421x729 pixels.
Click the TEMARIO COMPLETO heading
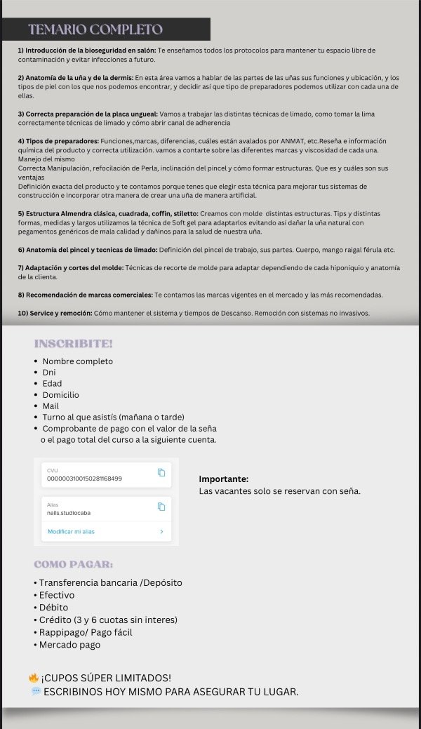click(x=95, y=29)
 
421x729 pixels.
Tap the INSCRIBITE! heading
click(x=74, y=344)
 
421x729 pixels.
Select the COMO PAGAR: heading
click(x=74, y=565)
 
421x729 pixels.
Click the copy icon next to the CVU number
click(x=161, y=472)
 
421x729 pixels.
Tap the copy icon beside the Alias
click(x=161, y=507)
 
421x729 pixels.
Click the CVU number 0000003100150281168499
click(x=84, y=479)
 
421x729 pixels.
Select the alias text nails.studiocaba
click(x=69, y=513)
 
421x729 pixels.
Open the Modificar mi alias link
click(x=71, y=532)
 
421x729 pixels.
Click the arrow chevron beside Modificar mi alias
click(x=162, y=532)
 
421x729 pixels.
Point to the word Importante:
click(x=224, y=479)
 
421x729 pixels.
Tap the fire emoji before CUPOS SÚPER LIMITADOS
click(x=33, y=678)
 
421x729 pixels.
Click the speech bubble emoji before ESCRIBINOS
click(x=36, y=692)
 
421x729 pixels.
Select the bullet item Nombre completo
click(x=77, y=361)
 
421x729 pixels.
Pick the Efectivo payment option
click(x=56, y=595)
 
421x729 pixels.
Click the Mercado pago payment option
click(x=69, y=645)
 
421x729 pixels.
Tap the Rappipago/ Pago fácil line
click(x=86, y=632)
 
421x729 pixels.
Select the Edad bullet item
click(x=52, y=384)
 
